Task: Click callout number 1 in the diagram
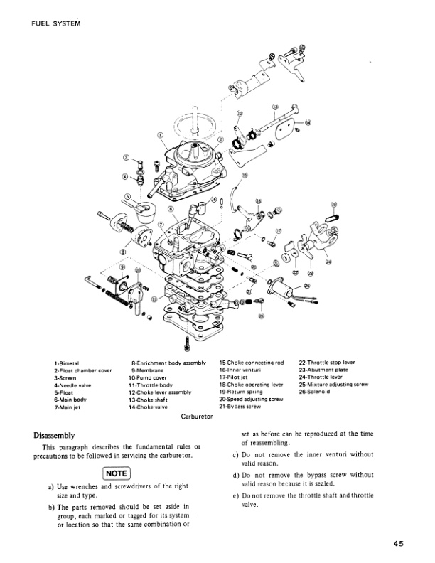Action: [x=160, y=134]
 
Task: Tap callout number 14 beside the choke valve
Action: [x=307, y=122]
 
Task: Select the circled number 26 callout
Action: [x=306, y=286]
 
